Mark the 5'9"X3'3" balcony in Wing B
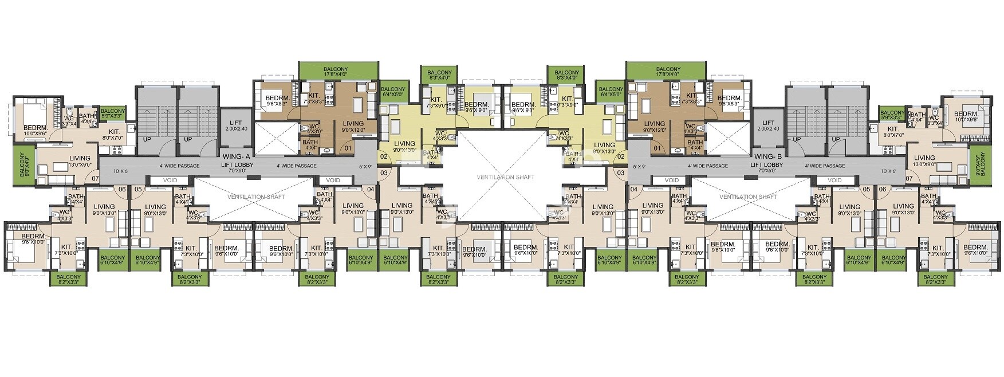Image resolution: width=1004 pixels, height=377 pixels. [892, 116]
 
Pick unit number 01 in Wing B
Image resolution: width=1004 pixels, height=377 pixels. [657, 148]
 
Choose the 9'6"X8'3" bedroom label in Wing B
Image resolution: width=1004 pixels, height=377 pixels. [731, 101]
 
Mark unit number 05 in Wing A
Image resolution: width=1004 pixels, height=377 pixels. [137, 189]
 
